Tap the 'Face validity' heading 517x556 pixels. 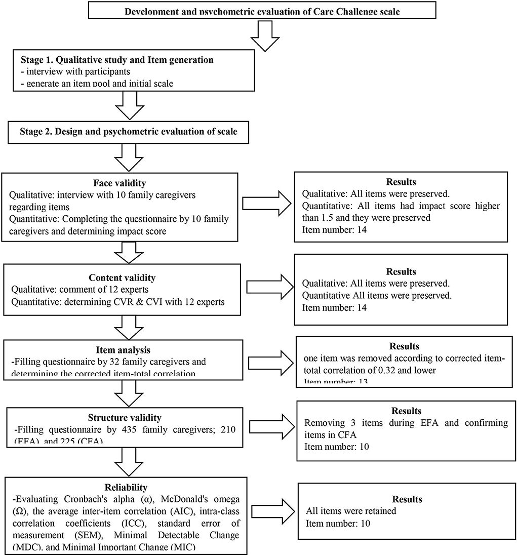point(124,184)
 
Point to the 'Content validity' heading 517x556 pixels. point(124,278)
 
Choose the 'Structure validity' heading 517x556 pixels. point(124,418)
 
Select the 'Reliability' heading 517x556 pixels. point(124,487)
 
